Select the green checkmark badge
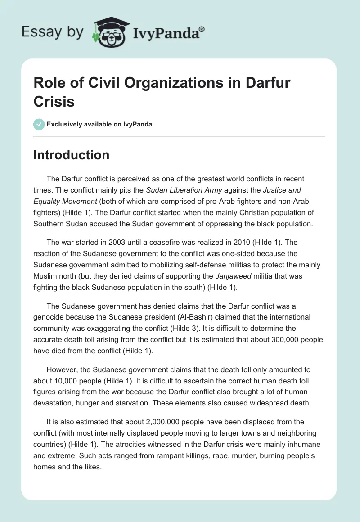click(x=39, y=124)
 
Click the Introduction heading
click(x=72, y=155)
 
